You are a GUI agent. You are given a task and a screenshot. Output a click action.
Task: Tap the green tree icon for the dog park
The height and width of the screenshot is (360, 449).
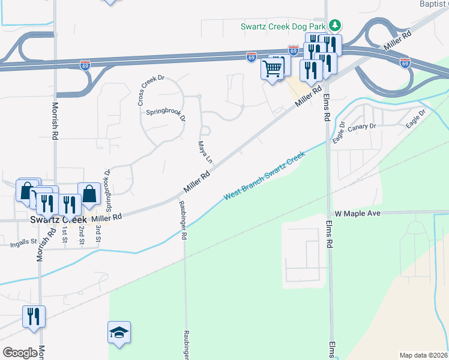336,26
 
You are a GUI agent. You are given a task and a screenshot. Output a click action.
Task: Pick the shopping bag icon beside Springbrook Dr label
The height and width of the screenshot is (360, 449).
89,194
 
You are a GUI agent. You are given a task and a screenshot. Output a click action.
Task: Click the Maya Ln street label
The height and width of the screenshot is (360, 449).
205,152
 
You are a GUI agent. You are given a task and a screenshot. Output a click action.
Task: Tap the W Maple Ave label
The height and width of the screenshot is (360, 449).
358,214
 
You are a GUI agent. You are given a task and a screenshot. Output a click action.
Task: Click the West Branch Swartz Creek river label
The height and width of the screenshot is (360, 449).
265,176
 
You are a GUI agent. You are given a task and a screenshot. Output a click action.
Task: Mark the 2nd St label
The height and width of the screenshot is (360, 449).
81,235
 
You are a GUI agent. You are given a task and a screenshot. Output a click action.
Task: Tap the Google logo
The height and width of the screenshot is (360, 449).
20,353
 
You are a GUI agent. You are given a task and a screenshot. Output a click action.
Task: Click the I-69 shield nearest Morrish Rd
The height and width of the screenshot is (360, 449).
85,65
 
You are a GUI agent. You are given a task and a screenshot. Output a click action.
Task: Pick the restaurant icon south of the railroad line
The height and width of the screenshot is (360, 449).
34,316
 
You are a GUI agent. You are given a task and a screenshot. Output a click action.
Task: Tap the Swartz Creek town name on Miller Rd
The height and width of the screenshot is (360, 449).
53,220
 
